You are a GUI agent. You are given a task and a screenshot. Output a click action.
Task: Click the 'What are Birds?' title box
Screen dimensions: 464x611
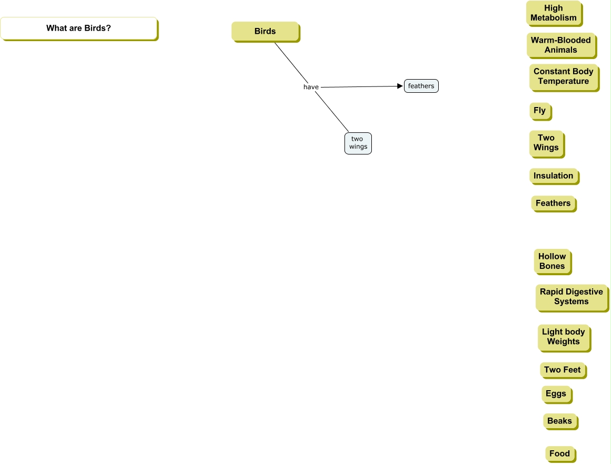[78, 28]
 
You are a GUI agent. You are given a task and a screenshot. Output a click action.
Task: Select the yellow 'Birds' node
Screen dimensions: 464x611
[265, 32]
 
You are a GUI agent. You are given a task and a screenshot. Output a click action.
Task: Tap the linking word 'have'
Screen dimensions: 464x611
[311, 87]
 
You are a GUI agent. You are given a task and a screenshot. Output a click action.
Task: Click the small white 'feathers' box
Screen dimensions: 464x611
[421, 86]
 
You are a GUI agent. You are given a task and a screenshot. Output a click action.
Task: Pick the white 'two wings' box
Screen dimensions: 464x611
[358, 143]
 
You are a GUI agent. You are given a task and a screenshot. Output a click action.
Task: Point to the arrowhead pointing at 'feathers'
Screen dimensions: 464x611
[400, 86]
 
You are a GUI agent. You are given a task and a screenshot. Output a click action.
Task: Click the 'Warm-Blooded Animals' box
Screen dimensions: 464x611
[561, 45]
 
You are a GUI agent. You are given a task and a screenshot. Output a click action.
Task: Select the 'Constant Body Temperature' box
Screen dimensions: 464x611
[564, 76]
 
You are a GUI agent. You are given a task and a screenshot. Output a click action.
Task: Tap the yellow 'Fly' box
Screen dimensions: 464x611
[540, 111]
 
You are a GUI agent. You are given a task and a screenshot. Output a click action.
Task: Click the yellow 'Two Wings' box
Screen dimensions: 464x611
[546, 143]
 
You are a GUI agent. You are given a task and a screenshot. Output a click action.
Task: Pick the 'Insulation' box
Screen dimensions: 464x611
[554, 176]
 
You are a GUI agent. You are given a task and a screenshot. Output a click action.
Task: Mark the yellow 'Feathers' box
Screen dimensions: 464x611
[553, 204]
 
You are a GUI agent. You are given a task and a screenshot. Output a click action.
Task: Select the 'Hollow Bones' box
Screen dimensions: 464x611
[552, 262]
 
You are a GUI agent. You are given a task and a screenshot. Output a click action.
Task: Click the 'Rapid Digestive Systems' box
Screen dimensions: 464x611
[571, 297]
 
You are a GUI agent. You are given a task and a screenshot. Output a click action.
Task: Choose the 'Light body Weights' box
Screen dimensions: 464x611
[564, 337]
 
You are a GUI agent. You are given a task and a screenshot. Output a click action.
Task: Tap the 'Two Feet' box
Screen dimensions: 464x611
[563, 370]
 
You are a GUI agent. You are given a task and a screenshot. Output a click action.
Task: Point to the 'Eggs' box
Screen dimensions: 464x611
[556, 394]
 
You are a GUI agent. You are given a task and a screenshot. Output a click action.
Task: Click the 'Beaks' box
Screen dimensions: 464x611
[560, 421]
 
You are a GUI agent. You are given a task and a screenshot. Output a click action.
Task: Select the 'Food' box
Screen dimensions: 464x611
[560, 454]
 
